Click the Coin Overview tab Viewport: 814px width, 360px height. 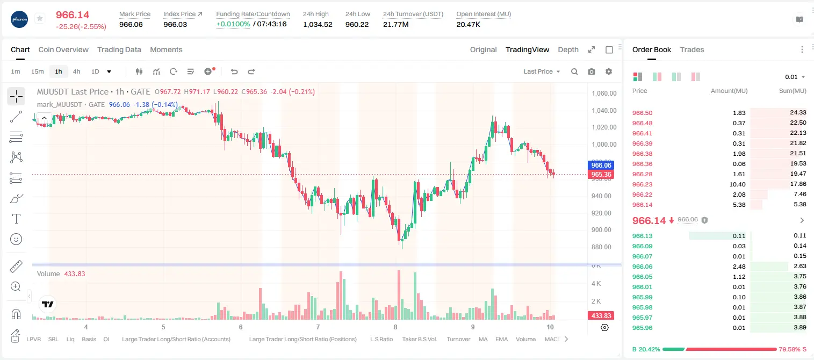pos(63,49)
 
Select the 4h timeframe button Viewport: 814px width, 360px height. pos(76,71)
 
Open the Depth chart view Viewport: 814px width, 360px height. pos(568,49)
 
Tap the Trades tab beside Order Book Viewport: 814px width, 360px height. pos(692,49)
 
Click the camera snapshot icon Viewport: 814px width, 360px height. pos(592,71)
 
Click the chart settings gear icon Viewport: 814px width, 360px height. pos(609,71)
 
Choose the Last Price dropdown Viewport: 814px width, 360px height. pos(542,71)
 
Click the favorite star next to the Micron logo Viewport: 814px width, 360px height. pos(40,18)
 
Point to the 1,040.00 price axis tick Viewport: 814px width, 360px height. pos(604,111)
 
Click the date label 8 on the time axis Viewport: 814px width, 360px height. pos(395,327)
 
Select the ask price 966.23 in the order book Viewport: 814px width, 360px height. pos(642,184)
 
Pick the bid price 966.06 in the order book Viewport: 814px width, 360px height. pos(642,267)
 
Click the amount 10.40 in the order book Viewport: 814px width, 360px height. pos(737,184)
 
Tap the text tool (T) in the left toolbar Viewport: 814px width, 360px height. pos(16,219)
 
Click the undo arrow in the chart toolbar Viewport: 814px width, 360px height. pos(234,71)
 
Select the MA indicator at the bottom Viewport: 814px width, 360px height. pos(483,339)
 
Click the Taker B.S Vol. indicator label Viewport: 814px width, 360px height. pos(419,339)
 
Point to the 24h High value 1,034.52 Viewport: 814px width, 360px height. pos(318,24)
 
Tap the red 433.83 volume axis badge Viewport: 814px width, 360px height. pos(601,316)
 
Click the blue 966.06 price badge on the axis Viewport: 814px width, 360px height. pos(601,165)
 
